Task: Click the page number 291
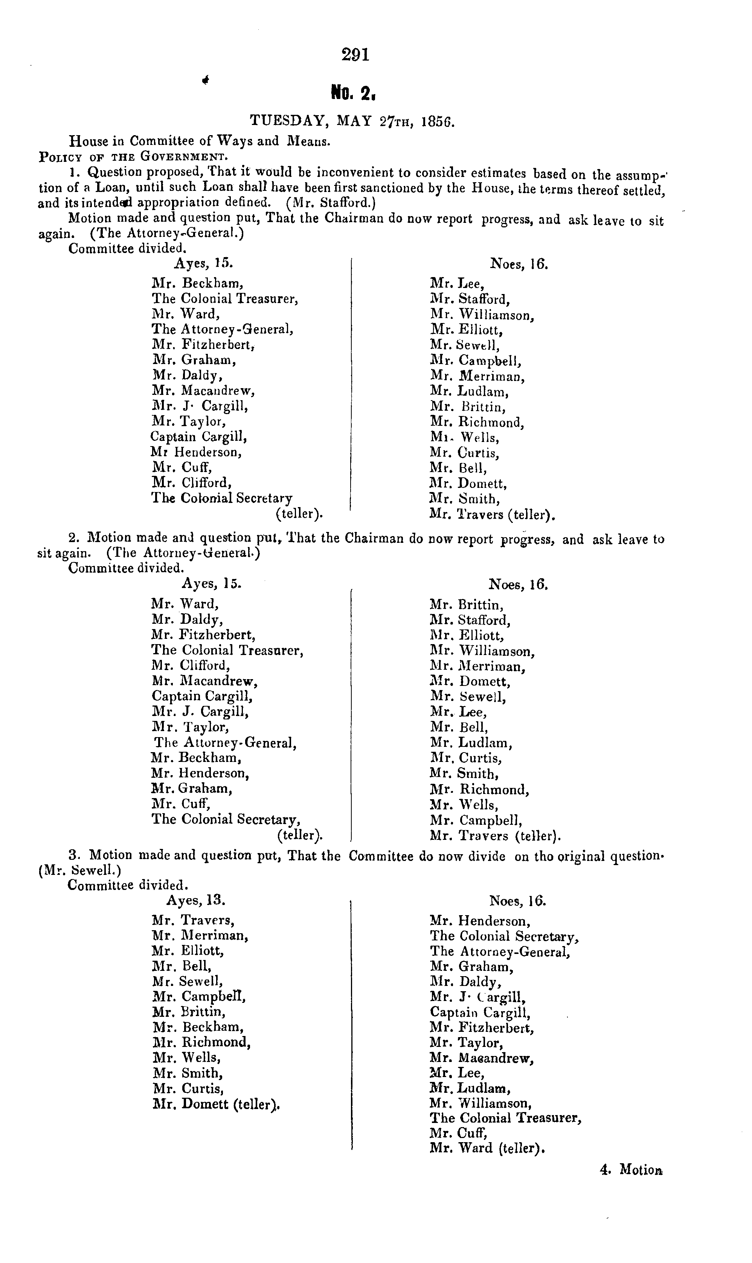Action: tap(356, 54)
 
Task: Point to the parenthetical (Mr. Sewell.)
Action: tap(79, 870)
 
